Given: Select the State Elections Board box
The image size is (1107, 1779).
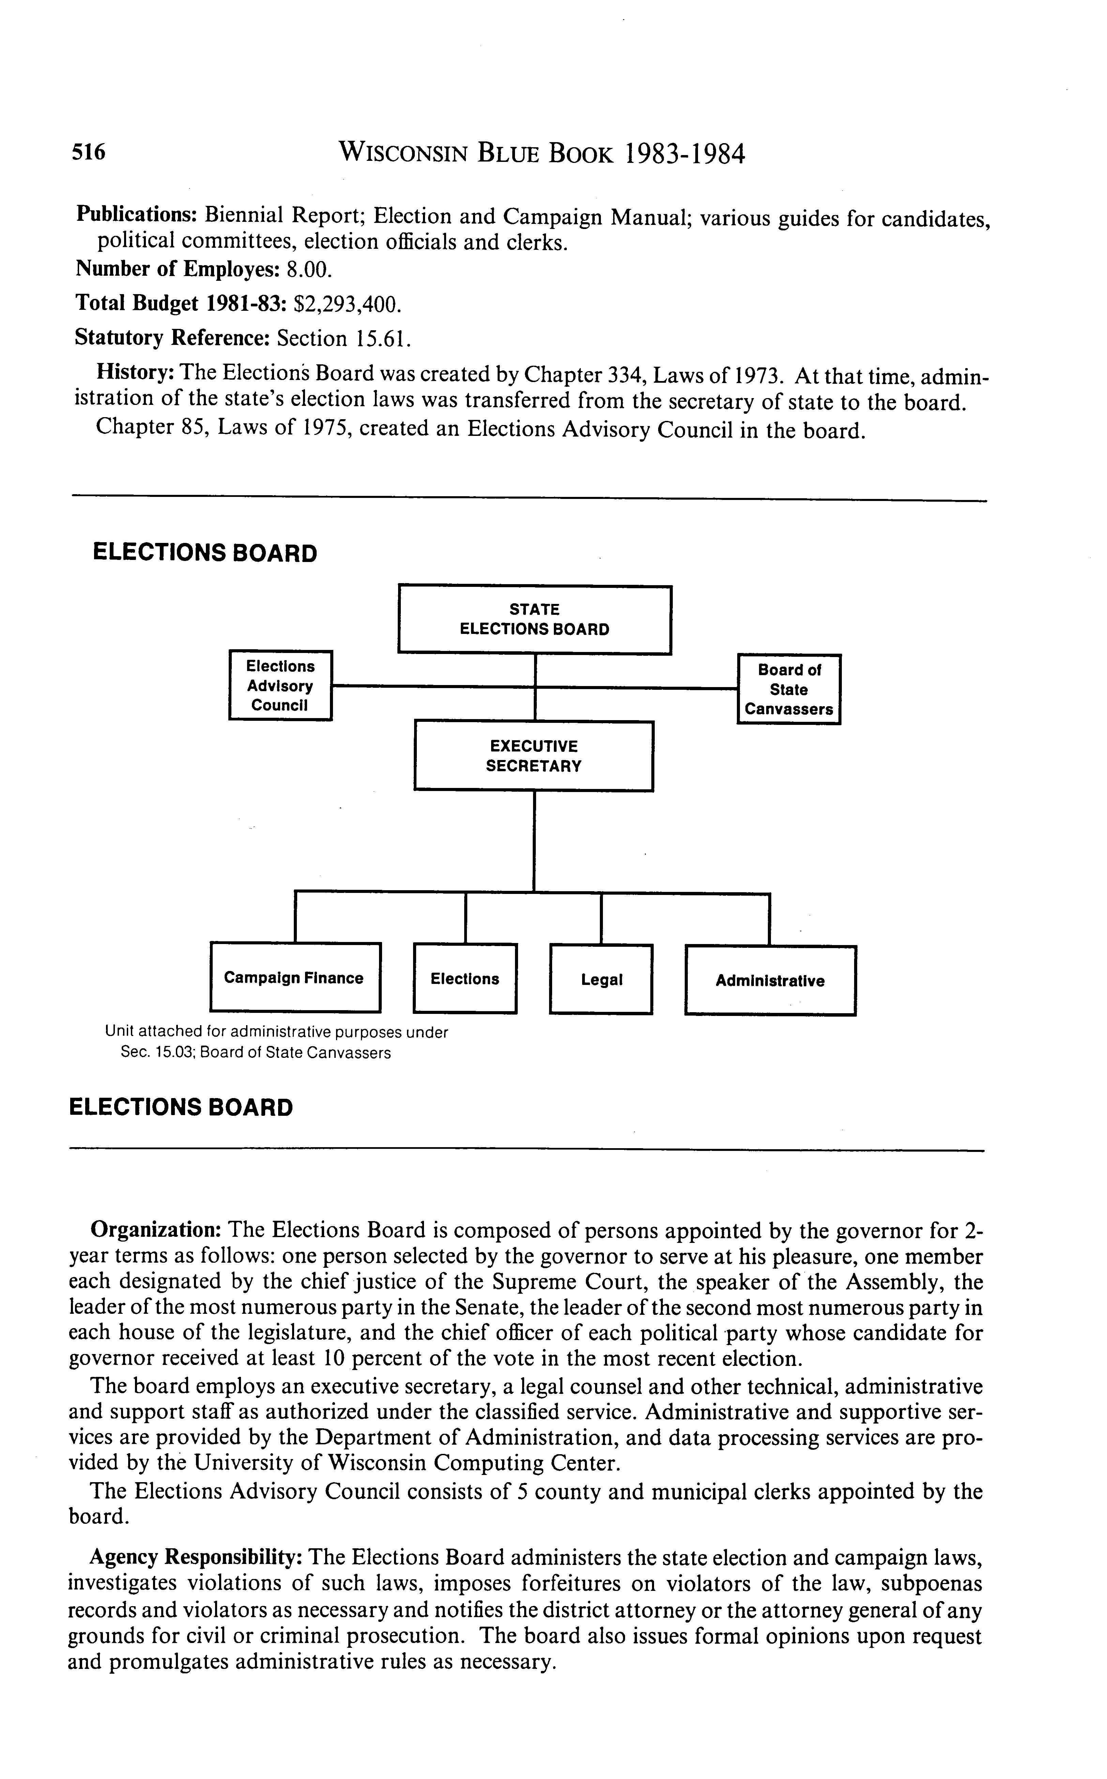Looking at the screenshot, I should (534, 619).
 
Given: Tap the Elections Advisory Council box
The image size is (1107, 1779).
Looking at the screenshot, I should (280, 686).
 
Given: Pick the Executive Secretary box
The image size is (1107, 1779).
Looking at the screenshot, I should (534, 756).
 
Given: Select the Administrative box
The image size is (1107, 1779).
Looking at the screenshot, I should (770, 981).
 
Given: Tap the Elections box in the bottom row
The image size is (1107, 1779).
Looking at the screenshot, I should (465, 979).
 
